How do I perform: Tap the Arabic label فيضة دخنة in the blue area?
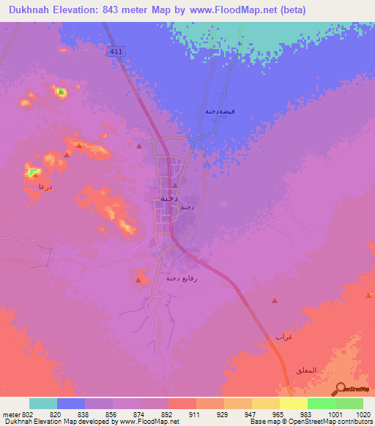pos(220,111)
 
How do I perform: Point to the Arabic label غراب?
pos(283,336)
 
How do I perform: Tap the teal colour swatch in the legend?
pos(43,403)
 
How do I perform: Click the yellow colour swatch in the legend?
pos(294,403)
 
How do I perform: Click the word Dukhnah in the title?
pos(32,10)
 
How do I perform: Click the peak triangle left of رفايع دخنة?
pos(138,280)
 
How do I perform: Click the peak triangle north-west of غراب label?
pos(275,300)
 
